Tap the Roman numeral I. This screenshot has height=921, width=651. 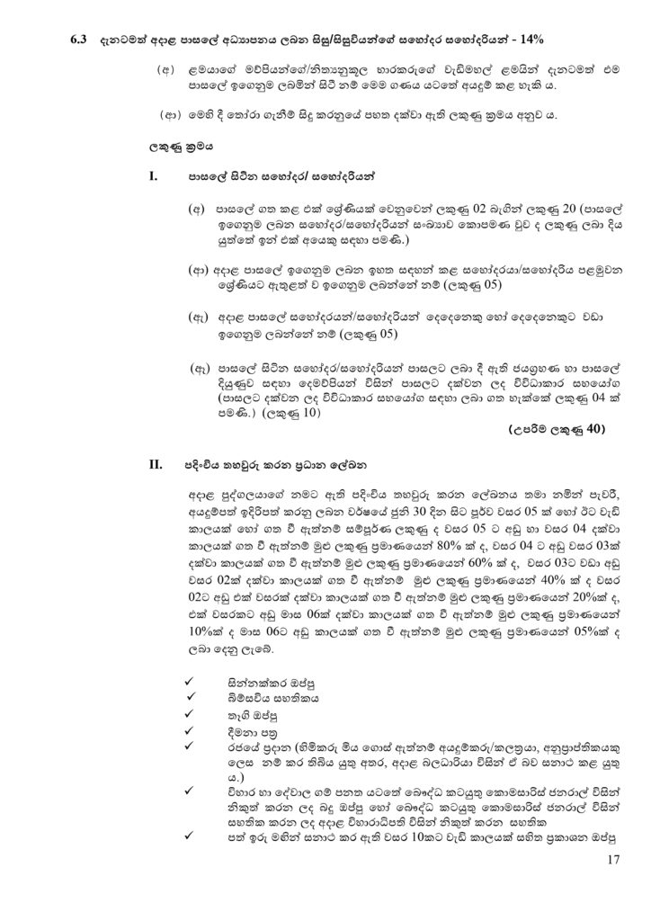click(x=152, y=177)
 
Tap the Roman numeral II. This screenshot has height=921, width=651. click(x=154, y=466)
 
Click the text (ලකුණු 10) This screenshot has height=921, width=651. click(x=290, y=415)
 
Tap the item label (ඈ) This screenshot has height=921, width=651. click(x=201, y=368)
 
